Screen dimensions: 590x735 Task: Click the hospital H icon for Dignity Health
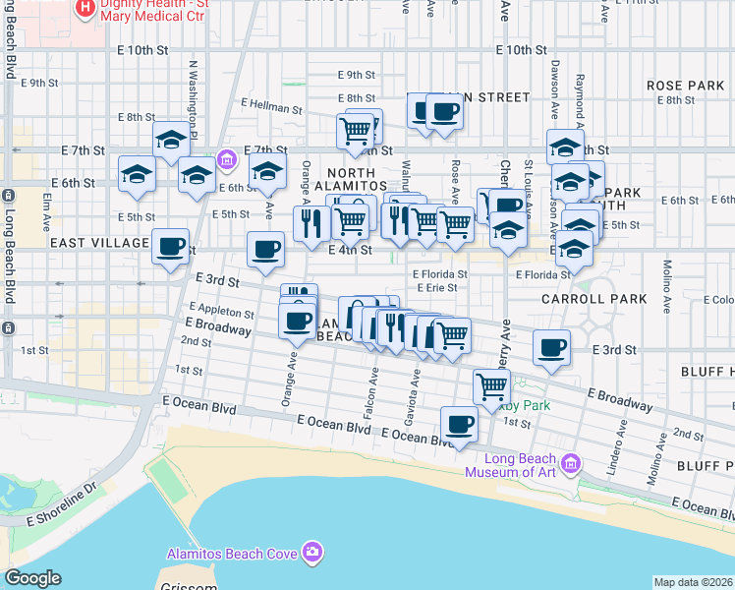click(85, 9)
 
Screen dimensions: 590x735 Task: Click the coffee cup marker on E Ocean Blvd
click(459, 425)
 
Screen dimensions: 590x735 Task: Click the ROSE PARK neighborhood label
click(685, 86)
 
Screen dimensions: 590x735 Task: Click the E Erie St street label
click(435, 288)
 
